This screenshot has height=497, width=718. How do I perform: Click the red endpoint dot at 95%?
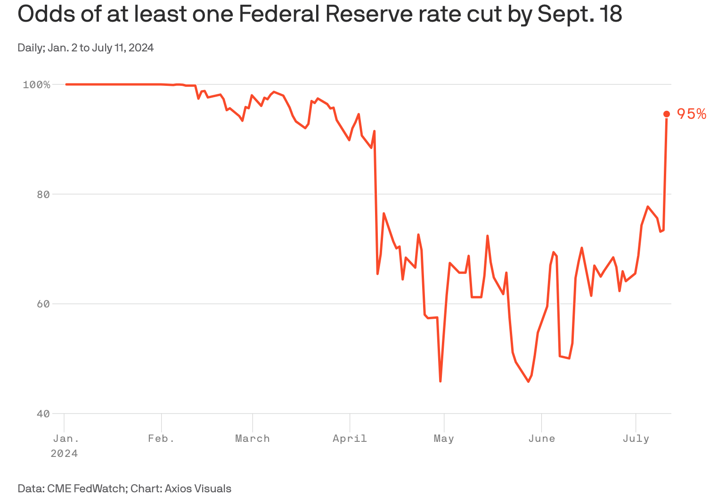coord(667,114)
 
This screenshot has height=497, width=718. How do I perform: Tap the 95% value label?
coord(692,114)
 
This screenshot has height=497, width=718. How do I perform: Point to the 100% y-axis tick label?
coord(36,85)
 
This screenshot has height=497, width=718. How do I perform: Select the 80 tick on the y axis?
coord(43,194)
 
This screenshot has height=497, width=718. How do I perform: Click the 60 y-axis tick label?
coord(43,304)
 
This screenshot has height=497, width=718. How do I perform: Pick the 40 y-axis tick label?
coord(43,414)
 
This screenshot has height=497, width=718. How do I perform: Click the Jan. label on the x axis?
coord(66,439)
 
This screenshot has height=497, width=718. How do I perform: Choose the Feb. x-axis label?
coord(161,439)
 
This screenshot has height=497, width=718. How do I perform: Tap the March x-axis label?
coord(253,439)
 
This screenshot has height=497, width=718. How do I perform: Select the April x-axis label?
coord(350,439)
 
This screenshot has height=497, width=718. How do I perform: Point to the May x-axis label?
coord(444,439)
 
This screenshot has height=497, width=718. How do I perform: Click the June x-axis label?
coord(541,439)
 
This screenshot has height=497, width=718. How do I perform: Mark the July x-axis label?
coord(636,439)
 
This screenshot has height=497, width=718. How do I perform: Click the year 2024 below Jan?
coord(64,454)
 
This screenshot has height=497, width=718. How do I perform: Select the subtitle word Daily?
coord(30,48)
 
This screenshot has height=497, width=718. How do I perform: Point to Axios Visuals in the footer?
coord(198,489)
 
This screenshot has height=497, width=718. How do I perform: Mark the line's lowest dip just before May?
coord(441,381)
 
